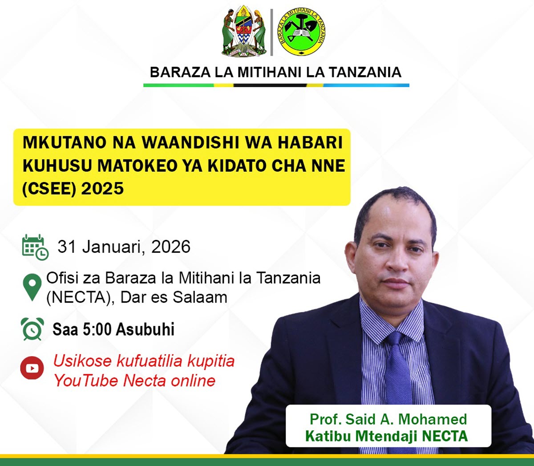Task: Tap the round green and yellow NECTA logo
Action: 301,32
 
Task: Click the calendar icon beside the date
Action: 35,247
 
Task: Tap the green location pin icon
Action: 32,287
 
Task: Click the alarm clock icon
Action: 32,329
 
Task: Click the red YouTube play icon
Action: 32,368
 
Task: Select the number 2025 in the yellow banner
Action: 102,189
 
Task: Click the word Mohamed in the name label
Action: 433,419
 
